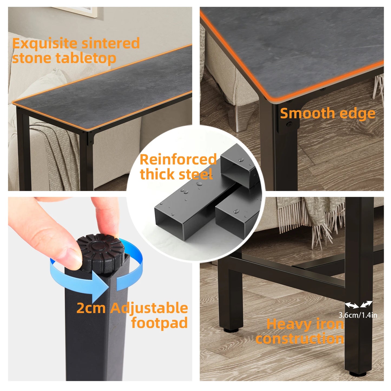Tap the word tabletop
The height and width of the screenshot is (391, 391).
tap(86, 58)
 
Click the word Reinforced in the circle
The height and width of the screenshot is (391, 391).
tap(178, 159)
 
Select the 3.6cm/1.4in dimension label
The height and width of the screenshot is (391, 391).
tap(358, 315)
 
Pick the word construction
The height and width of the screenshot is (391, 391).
tap(300, 339)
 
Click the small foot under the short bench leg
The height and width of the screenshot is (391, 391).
tap(231, 330)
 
